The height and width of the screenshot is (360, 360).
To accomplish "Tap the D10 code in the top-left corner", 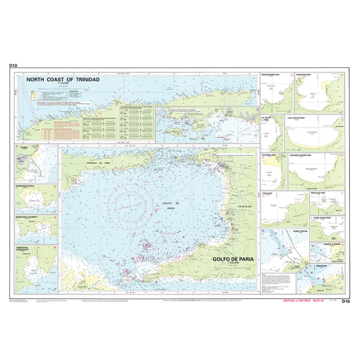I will coord(13,67).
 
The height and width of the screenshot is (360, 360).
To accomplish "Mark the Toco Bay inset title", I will coord(268,193).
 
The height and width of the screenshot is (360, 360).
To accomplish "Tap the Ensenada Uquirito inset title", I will coord(25,217).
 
